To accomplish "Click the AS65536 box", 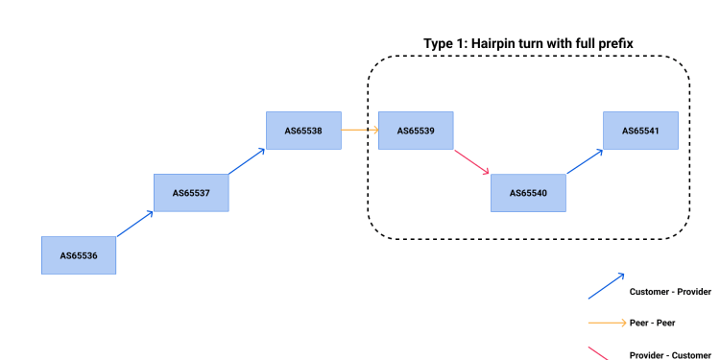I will (78, 255).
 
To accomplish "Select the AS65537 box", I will (191, 192).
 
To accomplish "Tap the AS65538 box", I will (303, 131).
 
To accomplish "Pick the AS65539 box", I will (416, 131).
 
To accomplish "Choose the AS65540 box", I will (528, 192).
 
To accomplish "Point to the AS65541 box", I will (640, 131).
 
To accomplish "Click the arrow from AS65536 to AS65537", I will (134, 224).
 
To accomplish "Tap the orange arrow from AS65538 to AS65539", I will (360, 130).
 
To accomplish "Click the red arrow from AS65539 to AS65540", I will (471, 161).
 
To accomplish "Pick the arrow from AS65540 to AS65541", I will (585, 161).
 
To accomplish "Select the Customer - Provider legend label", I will (670, 291).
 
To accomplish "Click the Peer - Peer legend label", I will (653, 324).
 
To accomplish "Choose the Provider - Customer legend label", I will (670, 355).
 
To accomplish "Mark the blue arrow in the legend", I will (606, 286).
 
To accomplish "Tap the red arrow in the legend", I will (600, 353).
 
